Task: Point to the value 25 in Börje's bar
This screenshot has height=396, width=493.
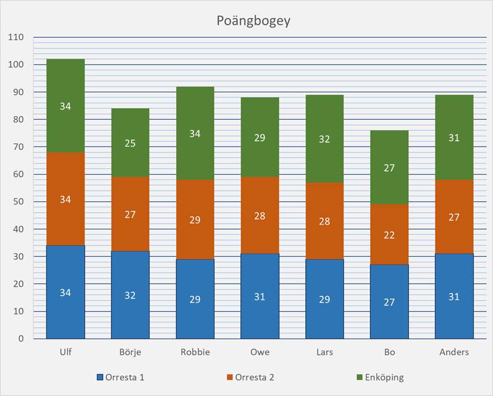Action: tap(130, 144)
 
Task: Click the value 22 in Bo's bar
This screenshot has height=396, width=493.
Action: tap(389, 235)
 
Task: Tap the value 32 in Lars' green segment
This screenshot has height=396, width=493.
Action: tap(325, 139)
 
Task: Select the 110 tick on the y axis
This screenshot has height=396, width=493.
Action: tap(17, 38)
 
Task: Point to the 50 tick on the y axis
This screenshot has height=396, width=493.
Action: tap(19, 202)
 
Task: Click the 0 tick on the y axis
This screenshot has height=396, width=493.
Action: tap(22, 339)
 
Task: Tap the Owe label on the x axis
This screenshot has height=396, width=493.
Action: tap(260, 352)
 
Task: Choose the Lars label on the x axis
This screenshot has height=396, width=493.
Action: tap(325, 352)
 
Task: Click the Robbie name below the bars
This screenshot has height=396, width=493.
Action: tap(195, 352)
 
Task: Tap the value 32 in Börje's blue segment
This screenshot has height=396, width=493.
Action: tap(130, 296)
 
